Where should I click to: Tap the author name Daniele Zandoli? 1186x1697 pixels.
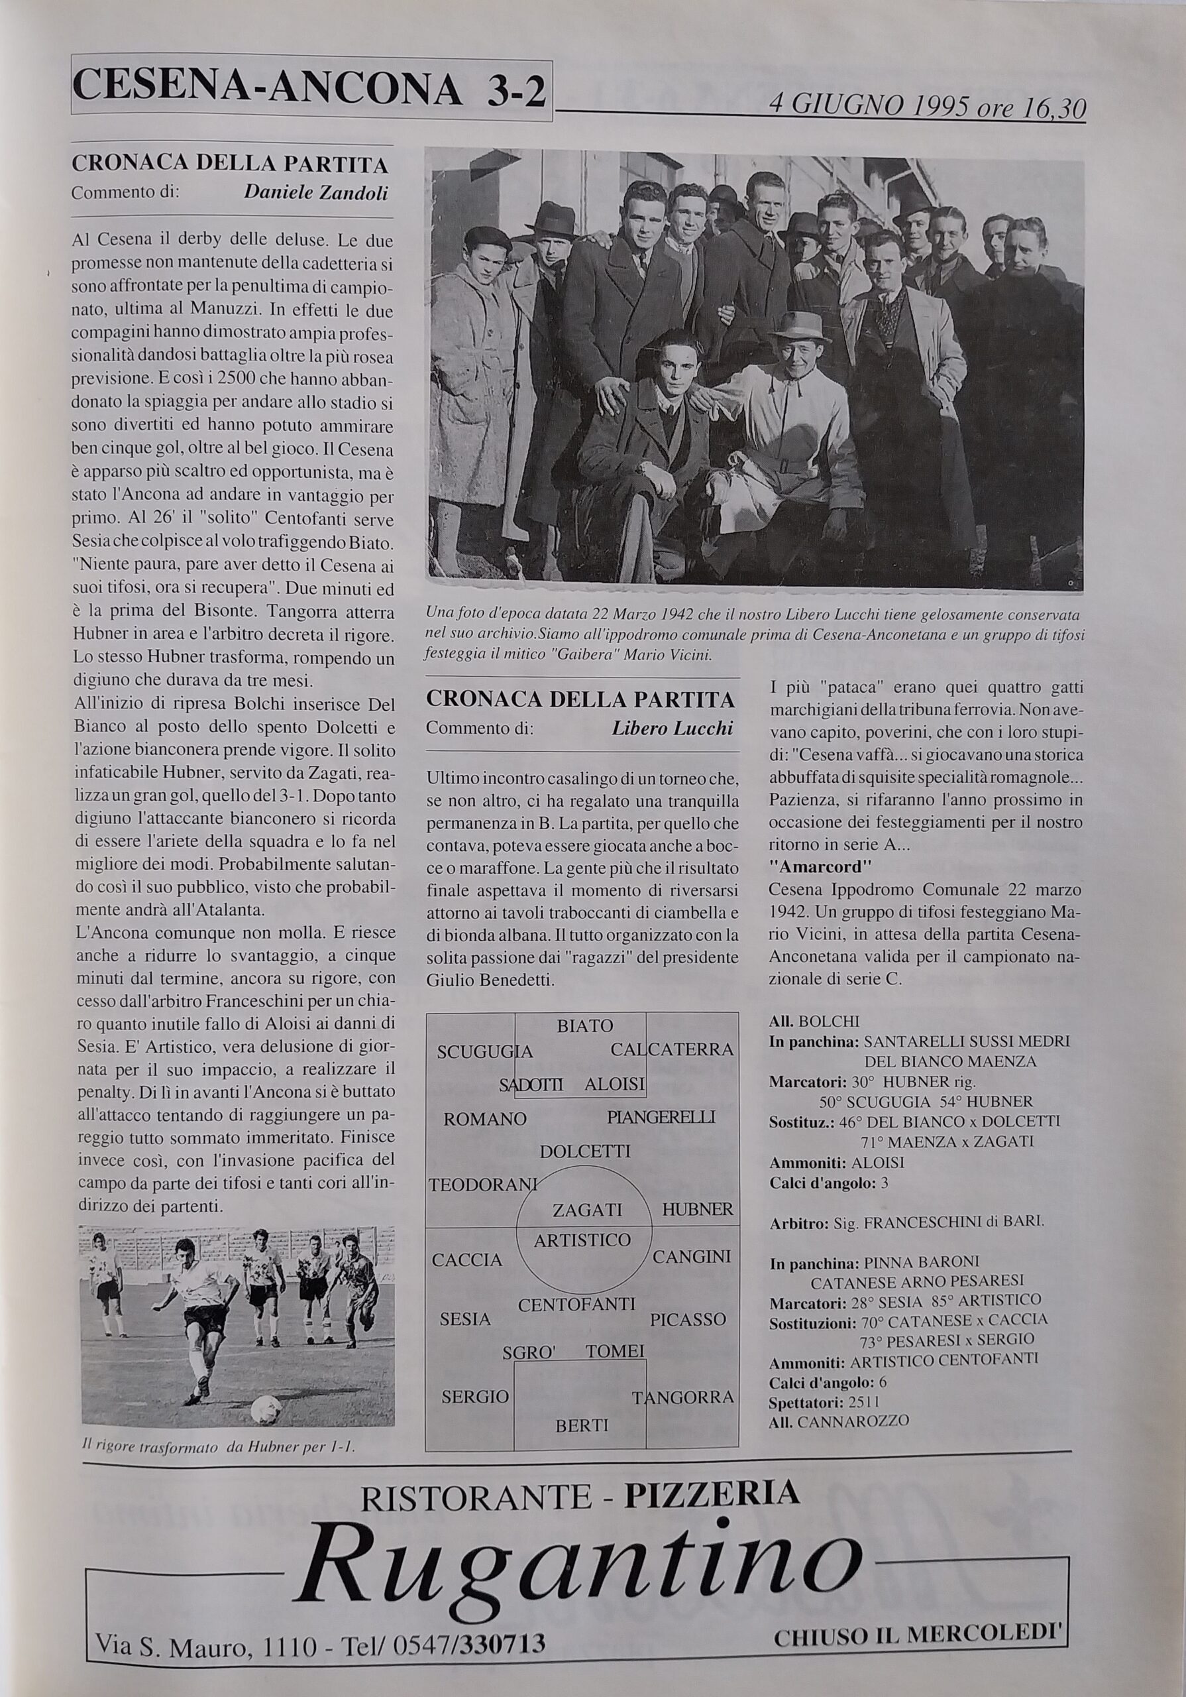click(315, 193)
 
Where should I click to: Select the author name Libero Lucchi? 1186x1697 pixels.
click(673, 728)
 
